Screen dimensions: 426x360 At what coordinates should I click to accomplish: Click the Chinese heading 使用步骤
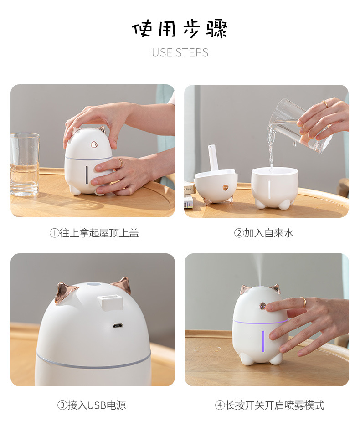pos(180,29)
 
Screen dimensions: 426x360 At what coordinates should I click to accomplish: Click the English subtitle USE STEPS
pos(180,52)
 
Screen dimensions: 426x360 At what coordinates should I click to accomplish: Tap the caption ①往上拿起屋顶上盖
pos(94,233)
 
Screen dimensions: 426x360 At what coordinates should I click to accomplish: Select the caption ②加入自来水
pos(264,233)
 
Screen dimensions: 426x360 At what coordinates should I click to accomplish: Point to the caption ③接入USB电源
pos(92,405)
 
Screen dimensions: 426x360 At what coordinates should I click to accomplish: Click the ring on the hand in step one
pos(120,162)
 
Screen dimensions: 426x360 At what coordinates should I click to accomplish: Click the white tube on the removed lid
pos(213,158)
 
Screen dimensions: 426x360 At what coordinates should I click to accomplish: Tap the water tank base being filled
pos(275,187)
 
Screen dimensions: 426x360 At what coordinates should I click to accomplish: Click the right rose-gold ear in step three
pos(122,285)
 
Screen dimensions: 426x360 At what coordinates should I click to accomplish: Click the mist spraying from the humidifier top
pos(259,269)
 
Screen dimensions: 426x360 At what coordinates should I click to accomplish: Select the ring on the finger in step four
pos(303,302)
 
